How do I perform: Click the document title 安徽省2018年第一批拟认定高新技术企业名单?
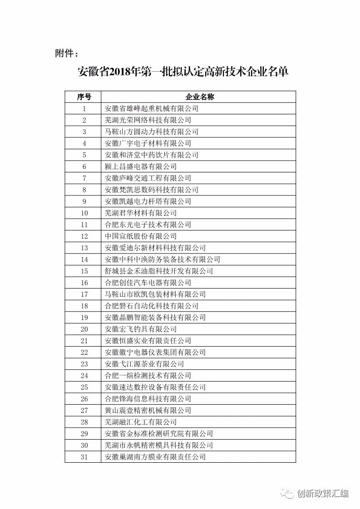pyautogui.click(x=183, y=72)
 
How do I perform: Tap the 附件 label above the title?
pyautogui.click(x=66, y=54)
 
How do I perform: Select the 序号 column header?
pyautogui.click(x=84, y=97)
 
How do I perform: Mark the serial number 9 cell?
pyautogui.click(x=84, y=201)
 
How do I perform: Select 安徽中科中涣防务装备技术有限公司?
pyautogui.click(x=162, y=259)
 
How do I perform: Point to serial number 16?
pyautogui.click(x=84, y=283)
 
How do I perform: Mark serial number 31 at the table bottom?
pyautogui.click(x=84, y=457)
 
